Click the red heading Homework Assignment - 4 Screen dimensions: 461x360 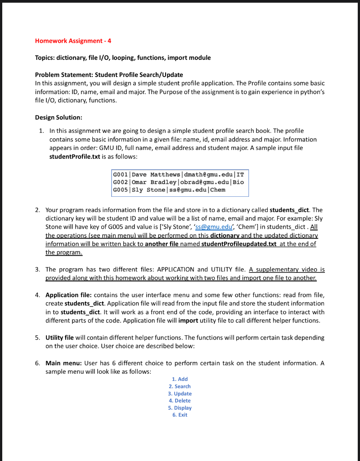73,41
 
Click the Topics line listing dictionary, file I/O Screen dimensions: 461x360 122,58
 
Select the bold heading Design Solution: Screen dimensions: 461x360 58,118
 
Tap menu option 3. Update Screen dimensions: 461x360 180,393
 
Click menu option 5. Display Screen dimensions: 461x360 180,408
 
